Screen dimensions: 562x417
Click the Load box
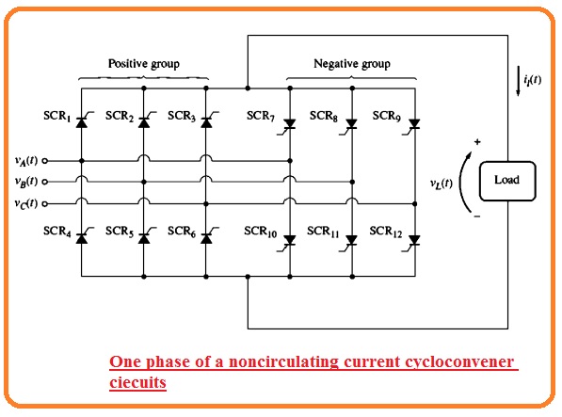point(507,181)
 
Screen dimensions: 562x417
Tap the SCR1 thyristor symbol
point(83,120)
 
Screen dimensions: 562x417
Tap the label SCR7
point(261,116)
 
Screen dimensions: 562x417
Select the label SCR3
point(182,116)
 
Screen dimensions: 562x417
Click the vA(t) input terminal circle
point(45,161)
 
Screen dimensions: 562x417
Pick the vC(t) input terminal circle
point(45,204)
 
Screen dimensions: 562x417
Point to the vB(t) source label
point(26,182)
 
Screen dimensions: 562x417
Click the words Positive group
point(144,64)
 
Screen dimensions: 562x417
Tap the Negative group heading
point(352,64)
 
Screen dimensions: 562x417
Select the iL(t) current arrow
point(518,81)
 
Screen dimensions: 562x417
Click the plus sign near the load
point(477,142)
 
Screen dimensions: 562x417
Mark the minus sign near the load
point(477,217)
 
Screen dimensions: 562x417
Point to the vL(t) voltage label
point(442,184)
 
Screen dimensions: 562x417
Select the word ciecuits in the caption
point(138,382)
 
